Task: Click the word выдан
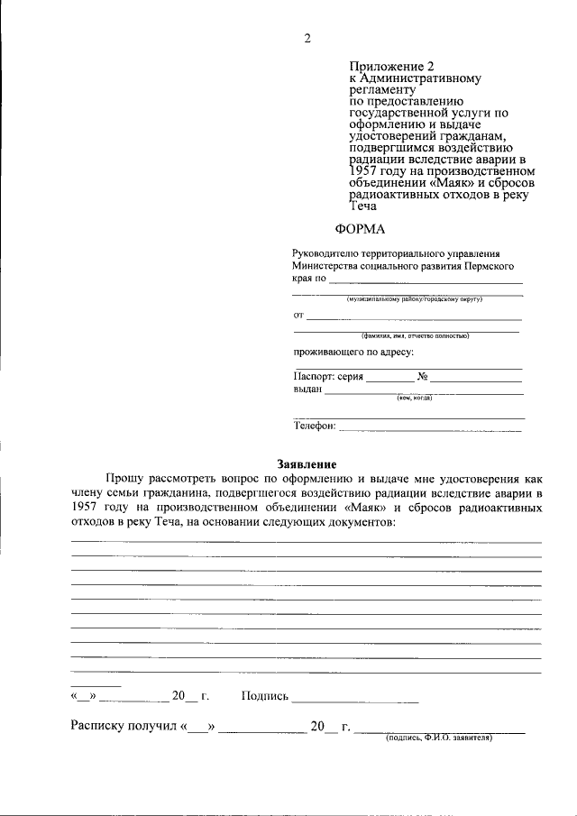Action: [307, 390]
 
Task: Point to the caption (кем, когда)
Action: [415, 399]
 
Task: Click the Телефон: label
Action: [315, 426]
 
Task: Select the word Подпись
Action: [265, 696]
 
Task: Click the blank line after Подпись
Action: [355, 700]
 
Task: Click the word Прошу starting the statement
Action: [124, 479]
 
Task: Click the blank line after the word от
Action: [414, 318]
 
